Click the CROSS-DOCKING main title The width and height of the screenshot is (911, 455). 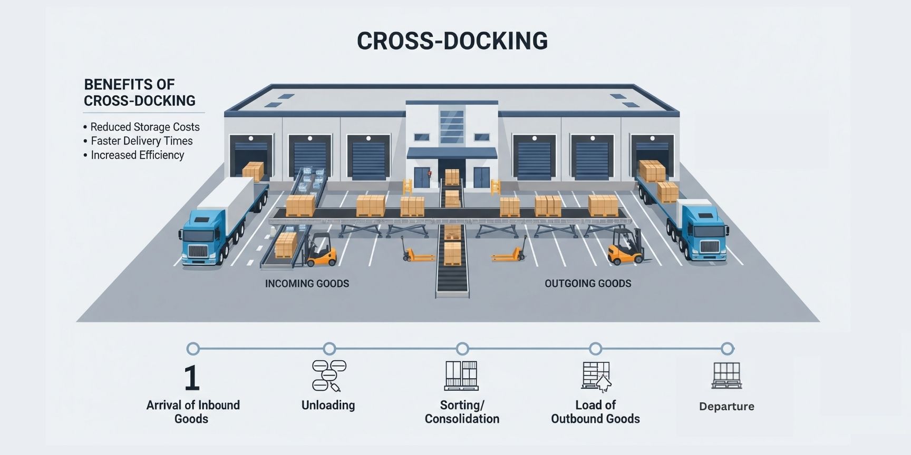pos(452,41)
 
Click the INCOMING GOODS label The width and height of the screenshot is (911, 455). pos(307,284)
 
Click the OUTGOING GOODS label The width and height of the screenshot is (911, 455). pos(588,284)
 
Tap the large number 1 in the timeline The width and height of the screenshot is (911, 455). pos(192,378)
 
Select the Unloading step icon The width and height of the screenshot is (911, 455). pos(328,375)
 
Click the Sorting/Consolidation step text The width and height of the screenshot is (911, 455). pos(462,412)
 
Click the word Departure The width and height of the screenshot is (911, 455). pos(726,407)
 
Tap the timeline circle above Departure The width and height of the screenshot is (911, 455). pos(727,349)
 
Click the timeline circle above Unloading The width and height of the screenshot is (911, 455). pos(329,349)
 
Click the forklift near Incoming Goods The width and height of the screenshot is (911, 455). pos(320,250)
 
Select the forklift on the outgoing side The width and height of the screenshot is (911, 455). pos(626,247)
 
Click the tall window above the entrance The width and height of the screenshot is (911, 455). pos(451,126)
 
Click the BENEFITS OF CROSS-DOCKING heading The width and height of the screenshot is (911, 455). pos(139,93)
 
